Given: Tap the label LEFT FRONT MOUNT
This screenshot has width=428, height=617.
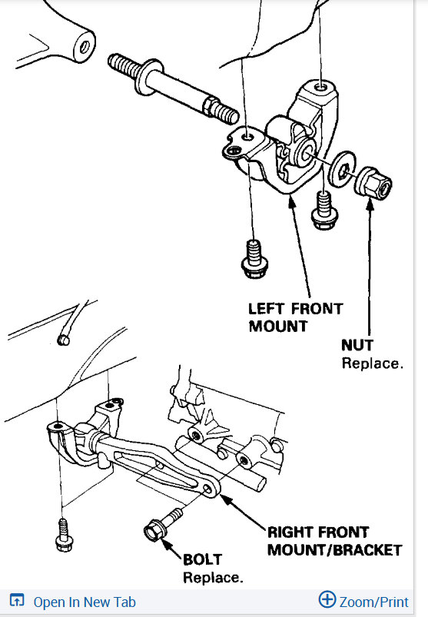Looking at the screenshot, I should (x=295, y=317).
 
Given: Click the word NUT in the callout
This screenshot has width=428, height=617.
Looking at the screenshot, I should (x=357, y=346).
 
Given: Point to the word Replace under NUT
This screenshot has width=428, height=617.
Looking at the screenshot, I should (x=372, y=363).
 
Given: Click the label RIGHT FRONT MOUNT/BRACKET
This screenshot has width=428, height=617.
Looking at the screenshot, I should (x=334, y=540).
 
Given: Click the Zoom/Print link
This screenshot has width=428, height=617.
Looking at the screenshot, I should (x=374, y=602).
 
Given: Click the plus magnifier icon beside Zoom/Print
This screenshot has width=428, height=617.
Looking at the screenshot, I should (x=327, y=600).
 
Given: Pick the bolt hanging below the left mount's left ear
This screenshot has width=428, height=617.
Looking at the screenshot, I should (x=253, y=260).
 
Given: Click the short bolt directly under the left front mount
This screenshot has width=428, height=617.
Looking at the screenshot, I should (x=323, y=210).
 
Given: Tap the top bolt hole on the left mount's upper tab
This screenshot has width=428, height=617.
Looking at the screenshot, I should (x=320, y=87).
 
